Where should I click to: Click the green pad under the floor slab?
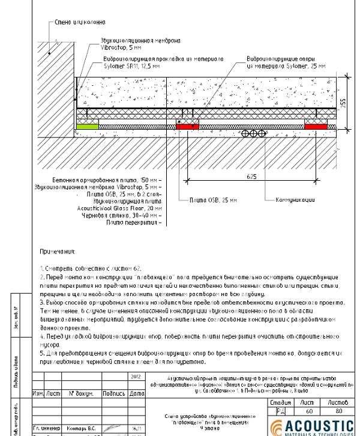87,126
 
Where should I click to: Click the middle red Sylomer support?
188,126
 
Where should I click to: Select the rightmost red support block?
316,126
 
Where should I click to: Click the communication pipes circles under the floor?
254,135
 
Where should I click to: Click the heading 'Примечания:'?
58,250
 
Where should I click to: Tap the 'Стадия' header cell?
281,402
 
